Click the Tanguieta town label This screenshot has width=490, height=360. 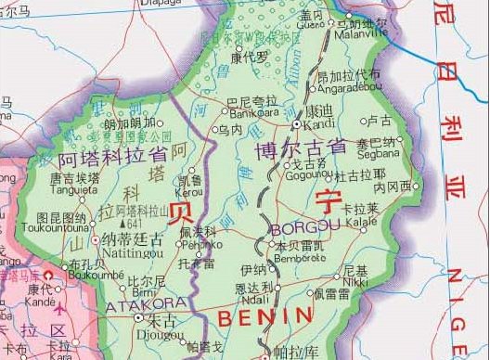coord(75,193)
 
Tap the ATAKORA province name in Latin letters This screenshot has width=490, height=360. coord(135,304)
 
